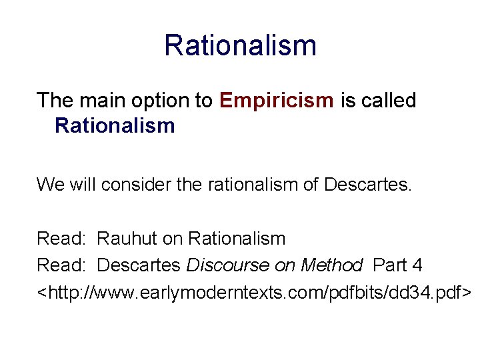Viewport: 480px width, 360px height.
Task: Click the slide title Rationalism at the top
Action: pos(240,45)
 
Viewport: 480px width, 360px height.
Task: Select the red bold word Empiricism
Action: pos(276,101)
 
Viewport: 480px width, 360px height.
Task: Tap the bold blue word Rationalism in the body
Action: pos(115,125)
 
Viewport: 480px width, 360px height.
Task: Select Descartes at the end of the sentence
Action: pos(368,184)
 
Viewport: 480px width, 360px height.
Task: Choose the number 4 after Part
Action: pos(417,265)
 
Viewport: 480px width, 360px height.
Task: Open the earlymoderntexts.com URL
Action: pos(254,292)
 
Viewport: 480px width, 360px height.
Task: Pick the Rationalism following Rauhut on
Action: pos(237,238)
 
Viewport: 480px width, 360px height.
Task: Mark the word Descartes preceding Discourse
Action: pos(139,265)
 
